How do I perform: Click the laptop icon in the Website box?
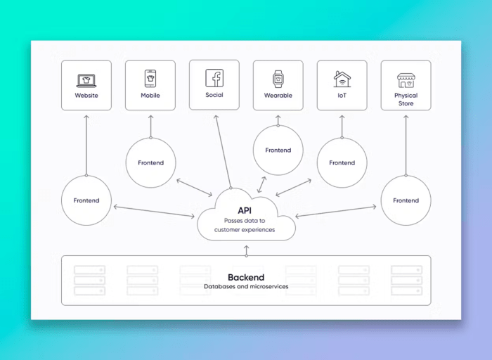click(86, 80)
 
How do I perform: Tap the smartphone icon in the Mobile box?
click(150, 78)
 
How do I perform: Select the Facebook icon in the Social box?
click(214, 77)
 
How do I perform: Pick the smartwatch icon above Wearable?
click(278, 79)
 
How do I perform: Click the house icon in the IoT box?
click(342, 78)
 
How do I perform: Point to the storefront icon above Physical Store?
click(406, 79)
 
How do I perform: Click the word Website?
click(86, 96)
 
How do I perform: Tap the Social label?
click(214, 94)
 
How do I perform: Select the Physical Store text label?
click(406, 99)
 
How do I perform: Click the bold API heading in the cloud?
click(245, 210)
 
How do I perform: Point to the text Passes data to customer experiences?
click(245, 225)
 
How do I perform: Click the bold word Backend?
click(246, 277)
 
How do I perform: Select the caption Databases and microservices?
click(246, 287)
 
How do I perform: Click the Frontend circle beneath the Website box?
click(86, 200)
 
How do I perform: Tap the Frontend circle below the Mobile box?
click(150, 162)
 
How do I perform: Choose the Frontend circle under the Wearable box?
click(278, 150)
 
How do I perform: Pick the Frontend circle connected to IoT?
click(342, 162)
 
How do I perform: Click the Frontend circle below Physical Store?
click(406, 200)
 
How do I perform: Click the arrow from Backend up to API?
click(246, 249)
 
